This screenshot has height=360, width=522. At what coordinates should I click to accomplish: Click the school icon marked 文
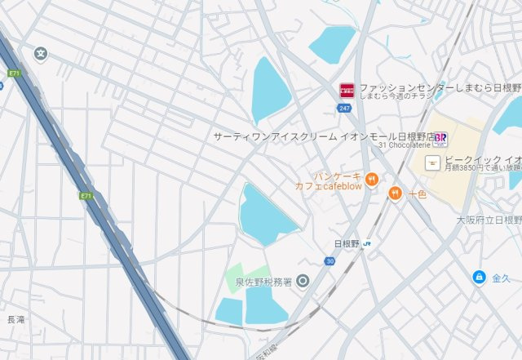pos(41,54)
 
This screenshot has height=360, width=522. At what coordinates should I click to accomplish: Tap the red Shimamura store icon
pos(346,89)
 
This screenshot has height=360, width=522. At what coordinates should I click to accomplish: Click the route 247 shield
pos(345,107)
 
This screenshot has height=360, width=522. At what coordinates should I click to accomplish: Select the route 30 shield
pos(330,261)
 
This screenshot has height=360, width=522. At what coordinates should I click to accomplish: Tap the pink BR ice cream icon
pos(440,136)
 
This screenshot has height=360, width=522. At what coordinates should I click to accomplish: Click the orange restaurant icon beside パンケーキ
pos(371,180)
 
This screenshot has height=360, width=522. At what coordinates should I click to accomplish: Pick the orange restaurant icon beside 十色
pos(396,193)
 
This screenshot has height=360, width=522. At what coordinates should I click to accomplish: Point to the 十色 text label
pos(418,194)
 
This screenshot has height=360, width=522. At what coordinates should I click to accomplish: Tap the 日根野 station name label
pos(347,243)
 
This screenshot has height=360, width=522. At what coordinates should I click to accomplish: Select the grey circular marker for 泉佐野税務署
pos(303,282)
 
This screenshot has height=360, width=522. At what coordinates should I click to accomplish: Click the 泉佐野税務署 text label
pos(260,282)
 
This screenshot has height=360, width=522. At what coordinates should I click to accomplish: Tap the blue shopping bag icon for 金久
pos(479,278)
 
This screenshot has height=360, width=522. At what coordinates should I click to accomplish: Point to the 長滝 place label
pos(15,319)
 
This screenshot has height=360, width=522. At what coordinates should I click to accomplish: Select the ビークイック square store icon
pos(438,161)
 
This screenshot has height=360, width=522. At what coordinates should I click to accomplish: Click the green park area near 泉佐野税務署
pos(245,275)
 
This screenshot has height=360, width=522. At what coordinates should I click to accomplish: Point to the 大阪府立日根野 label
pos(489,220)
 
